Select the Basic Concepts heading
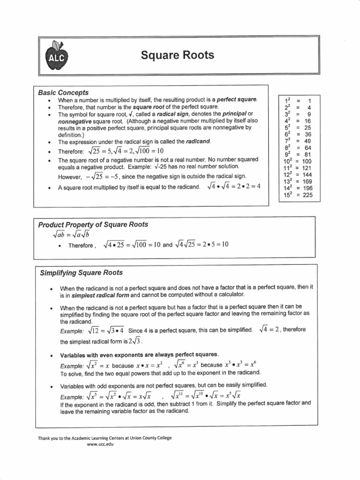[x=63, y=92]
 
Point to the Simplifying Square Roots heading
[x=81, y=272]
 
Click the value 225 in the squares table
[x=307, y=195]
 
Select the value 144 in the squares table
[x=307, y=174]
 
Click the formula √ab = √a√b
[x=68, y=234]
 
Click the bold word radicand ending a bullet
[x=198, y=141]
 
